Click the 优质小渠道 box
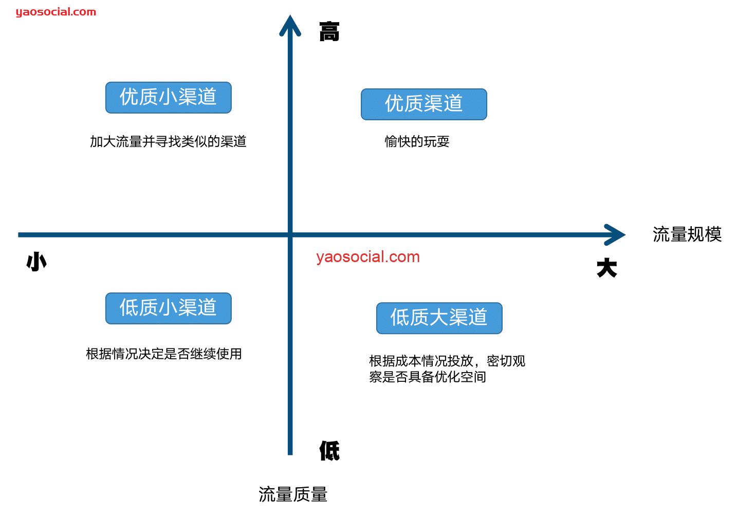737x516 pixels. [x=168, y=97]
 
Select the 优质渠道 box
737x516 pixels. [x=423, y=104]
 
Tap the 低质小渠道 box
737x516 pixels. [x=168, y=308]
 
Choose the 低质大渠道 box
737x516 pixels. [x=439, y=318]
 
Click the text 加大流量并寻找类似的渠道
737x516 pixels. [x=168, y=141]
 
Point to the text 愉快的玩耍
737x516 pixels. [x=417, y=141]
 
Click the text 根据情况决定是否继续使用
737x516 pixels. [x=164, y=354]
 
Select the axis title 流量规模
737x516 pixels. [x=687, y=234]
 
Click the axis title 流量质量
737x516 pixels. [x=293, y=494]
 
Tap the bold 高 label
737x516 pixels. [x=329, y=32]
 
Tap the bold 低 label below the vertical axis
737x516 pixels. [x=329, y=451]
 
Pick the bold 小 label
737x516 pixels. [x=36, y=262]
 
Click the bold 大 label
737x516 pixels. [x=606, y=268]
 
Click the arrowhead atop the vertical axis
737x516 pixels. [x=290, y=25]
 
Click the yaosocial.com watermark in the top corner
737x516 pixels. [x=56, y=12]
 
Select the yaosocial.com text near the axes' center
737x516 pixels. [x=368, y=256]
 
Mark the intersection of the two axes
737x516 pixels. [x=290, y=235]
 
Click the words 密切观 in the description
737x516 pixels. [x=506, y=361]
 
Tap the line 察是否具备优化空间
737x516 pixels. [x=427, y=377]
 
